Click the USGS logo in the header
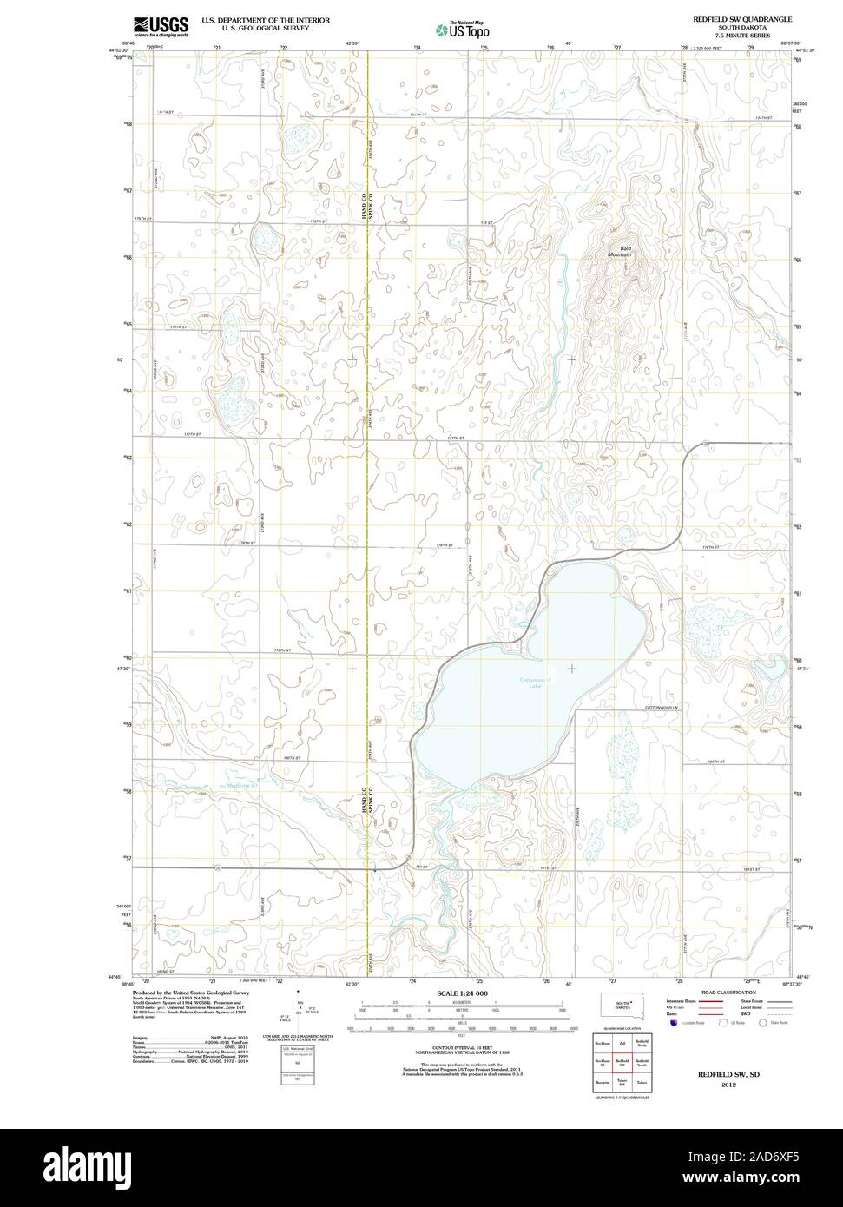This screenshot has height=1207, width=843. tap(161, 26)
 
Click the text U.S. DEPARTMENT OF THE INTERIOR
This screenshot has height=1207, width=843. tap(266, 19)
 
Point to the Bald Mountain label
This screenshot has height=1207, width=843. tap(620, 251)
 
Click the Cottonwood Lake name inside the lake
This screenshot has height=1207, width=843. tap(535, 682)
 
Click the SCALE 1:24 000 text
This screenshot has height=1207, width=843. tap(463, 993)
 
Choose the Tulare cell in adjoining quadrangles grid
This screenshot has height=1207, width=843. tap(642, 1082)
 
